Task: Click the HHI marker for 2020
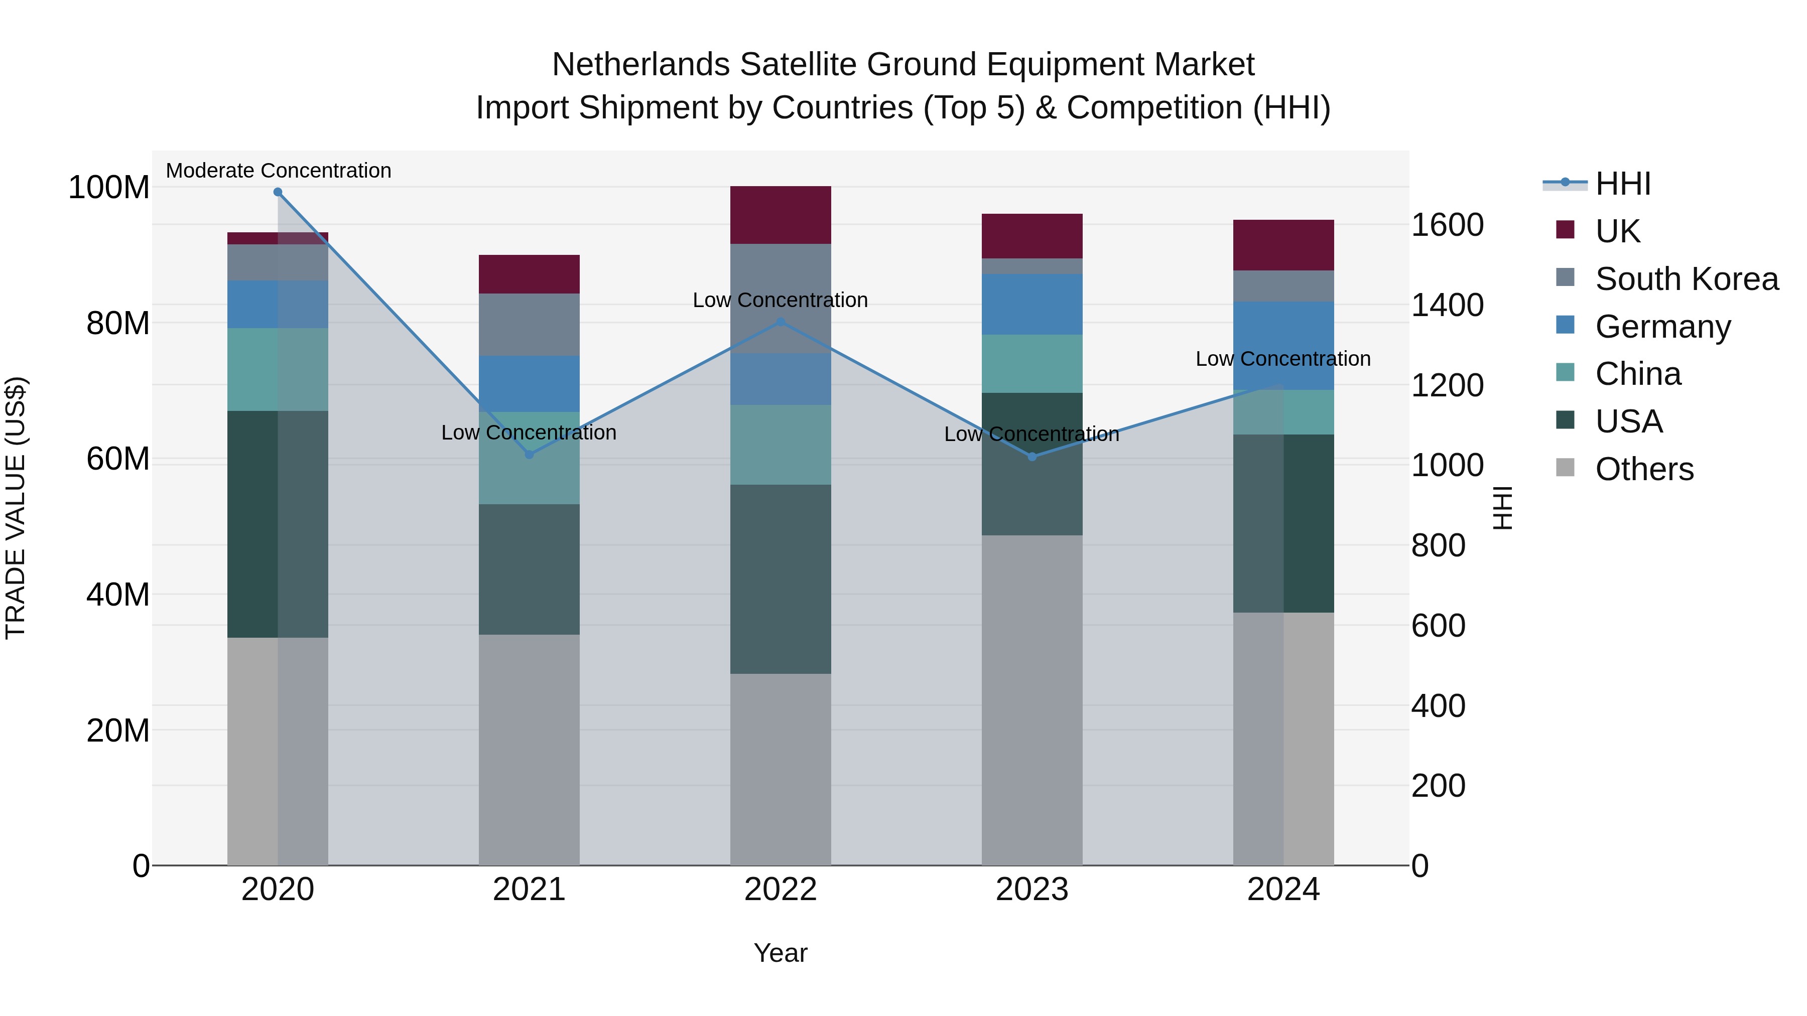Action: click(278, 192)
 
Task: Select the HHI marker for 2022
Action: click(781, 322)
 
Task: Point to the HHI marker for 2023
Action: click(1032, 457)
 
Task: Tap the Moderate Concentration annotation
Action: click(279, 171)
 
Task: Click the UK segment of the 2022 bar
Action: click(781, 215)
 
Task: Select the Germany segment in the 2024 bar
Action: click(1283, 346)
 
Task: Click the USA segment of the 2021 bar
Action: click(529, 569)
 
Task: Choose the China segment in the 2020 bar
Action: click(278, 369)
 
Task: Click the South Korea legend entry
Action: click(1687, 279)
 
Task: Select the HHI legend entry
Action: click(1622, 184)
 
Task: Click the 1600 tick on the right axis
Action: click(1447, 225)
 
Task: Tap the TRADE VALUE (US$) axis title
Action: click(16, 508)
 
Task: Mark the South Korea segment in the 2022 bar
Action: click(781, 298)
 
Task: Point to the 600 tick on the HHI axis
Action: click(1438, 626)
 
